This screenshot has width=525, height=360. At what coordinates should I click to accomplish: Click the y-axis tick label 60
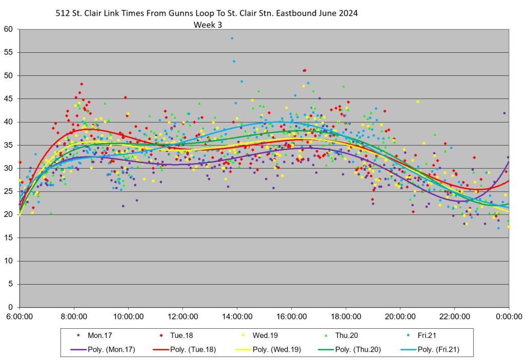(x=8, y=29)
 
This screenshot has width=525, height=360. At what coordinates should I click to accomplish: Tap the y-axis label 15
(x=8, y=238)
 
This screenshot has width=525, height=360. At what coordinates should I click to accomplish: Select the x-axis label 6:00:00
(x=19, y=317)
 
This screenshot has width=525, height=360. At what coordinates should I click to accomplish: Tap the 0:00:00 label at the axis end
(x=509, y=317)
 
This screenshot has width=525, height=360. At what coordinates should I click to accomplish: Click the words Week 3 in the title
(x=208, y=24)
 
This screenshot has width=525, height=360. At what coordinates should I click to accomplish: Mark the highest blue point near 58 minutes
(x=232, y=38)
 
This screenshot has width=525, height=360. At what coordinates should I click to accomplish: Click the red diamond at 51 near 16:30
(x=305, y=70)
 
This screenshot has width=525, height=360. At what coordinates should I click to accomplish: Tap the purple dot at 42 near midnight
(x=504, y=113)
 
